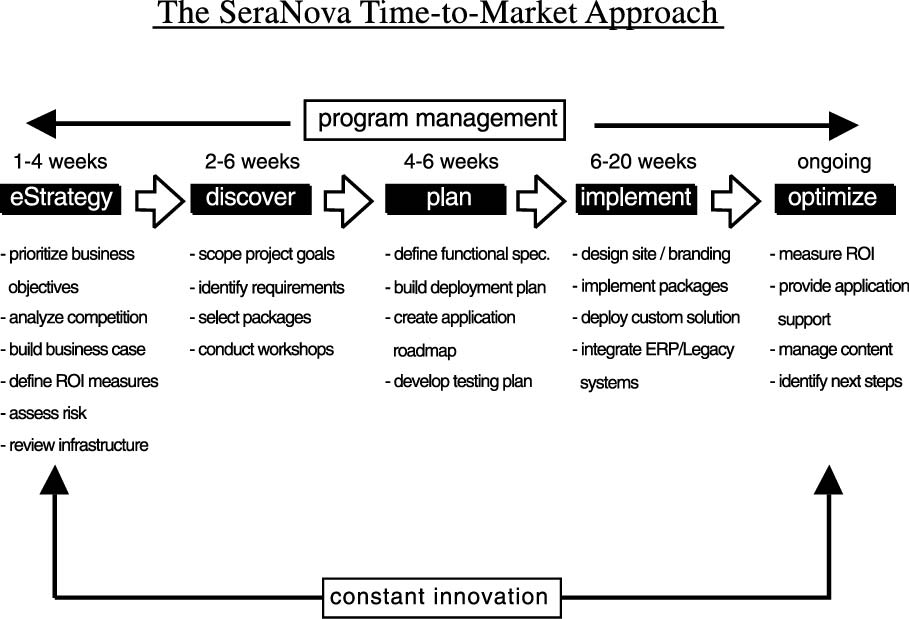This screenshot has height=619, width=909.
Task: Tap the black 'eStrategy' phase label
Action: [61, 199]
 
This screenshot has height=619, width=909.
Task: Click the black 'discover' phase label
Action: [250, 199]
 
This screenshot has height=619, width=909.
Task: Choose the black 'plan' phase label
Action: [445, 199]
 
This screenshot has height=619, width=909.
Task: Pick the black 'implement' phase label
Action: [636, 199]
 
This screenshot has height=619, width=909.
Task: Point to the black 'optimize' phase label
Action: [835, 199]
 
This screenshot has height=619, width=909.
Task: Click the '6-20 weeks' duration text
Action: [643, 161]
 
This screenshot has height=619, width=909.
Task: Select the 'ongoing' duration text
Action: [834, 162]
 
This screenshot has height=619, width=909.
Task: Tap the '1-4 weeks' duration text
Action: [60, 161]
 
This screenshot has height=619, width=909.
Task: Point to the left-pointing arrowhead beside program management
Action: [42, 123]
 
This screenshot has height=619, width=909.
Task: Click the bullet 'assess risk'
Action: [44, 413]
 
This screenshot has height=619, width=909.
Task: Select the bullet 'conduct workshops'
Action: [262, 349]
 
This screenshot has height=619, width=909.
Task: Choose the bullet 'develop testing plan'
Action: [459, 381]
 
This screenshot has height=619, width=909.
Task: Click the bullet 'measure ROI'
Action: [823, 254]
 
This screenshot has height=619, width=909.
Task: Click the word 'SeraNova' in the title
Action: [285, 13]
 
